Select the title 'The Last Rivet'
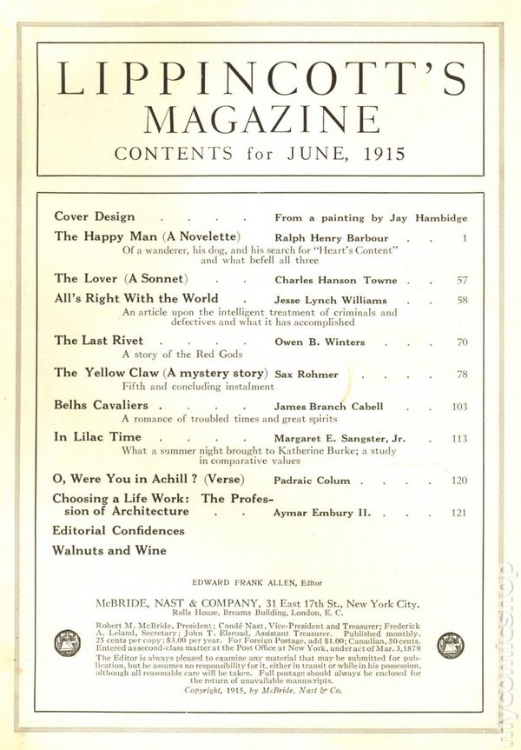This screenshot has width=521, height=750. [x=98, y=341]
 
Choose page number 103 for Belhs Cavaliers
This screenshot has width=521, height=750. [x=459, y=406]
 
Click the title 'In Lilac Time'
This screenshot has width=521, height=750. [x=98, y=437]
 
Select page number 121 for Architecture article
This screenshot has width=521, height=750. [x=459, y=514]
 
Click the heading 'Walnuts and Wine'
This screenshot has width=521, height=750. [x=109, y=550]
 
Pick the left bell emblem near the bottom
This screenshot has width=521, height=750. [x=67, y=644]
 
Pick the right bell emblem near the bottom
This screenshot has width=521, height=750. [x=450, y=644]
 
